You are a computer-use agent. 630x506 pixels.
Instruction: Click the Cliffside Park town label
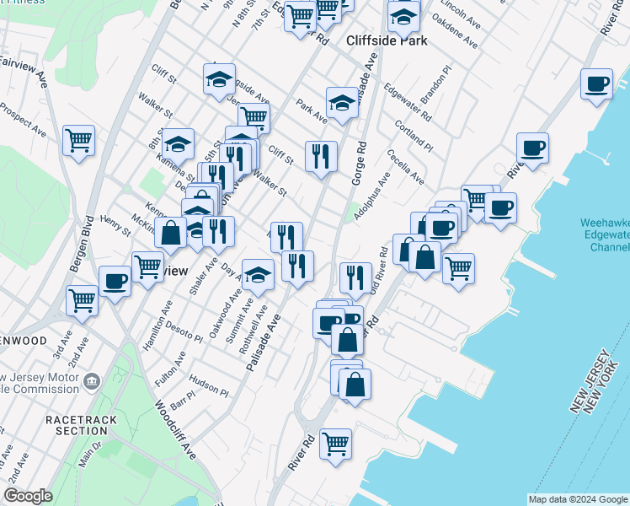point(387,40)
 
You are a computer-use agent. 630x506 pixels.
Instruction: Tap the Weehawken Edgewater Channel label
point(604,235)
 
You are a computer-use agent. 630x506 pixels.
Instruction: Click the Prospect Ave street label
point(24,118)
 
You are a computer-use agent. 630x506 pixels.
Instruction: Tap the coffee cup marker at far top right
point(596,84)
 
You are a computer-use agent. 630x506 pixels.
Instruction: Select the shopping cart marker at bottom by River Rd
point(335,443)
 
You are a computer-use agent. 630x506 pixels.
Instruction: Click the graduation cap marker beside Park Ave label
point(341,102)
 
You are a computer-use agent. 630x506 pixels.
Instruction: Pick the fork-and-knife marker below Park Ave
point(321,156)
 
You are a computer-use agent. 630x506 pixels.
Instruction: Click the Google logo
point(28,496)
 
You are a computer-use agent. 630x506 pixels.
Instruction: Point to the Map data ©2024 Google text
point(577,499)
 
